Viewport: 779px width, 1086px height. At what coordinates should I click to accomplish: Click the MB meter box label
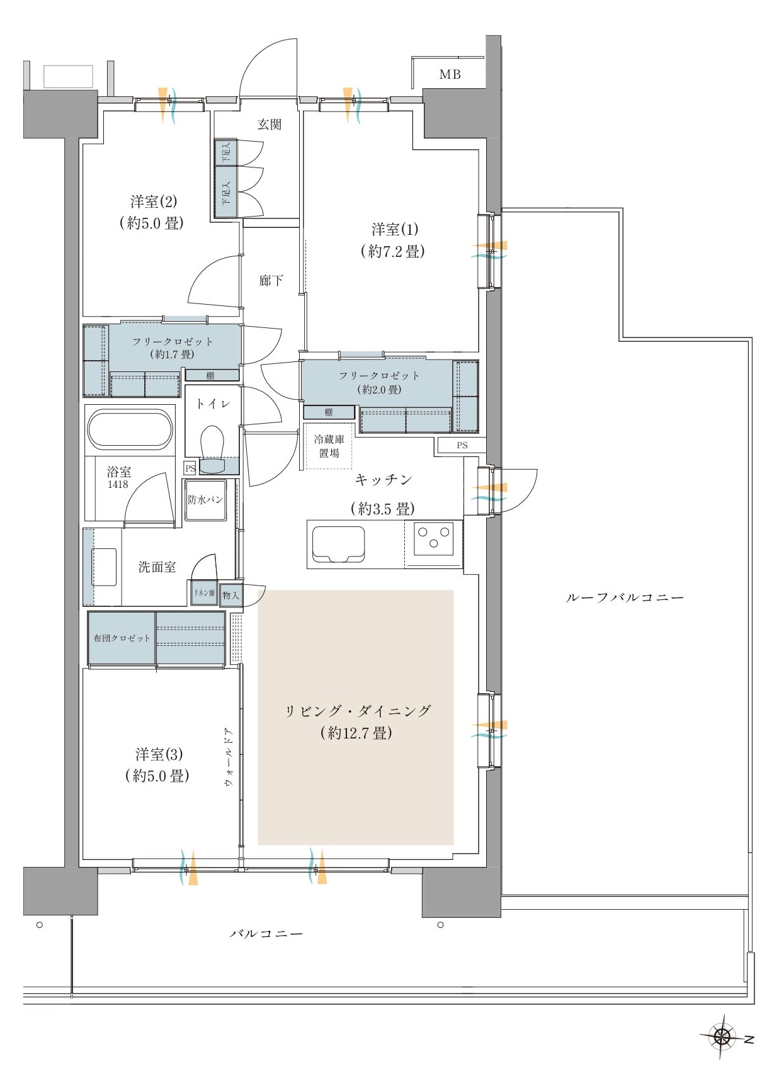pos(450,74)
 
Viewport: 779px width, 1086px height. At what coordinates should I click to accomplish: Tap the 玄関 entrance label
pos(270,125)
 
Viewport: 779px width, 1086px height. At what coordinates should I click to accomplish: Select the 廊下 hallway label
pos(271,280)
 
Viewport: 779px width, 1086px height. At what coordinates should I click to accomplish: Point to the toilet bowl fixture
pos(212,445)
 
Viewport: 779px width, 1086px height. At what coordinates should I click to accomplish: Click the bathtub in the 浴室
pos(130,429)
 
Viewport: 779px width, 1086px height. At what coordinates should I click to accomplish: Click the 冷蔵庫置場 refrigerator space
pos(329,446)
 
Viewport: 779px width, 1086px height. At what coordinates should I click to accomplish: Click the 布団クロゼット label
pos(122,638)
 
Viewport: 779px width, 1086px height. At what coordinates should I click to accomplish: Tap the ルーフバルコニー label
pos(625,597)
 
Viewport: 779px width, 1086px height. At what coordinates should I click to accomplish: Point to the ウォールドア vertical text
pos(228,757)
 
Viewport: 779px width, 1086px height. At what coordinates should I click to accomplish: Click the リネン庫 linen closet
pos(204,593)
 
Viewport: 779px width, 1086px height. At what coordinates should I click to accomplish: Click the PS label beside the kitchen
pos(462,445)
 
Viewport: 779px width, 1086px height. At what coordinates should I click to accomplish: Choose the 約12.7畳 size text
pos(356,733)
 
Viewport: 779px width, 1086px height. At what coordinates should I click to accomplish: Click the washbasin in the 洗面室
pos(104,567)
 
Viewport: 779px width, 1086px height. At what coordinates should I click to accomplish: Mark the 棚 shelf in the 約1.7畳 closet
pos(210,375)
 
